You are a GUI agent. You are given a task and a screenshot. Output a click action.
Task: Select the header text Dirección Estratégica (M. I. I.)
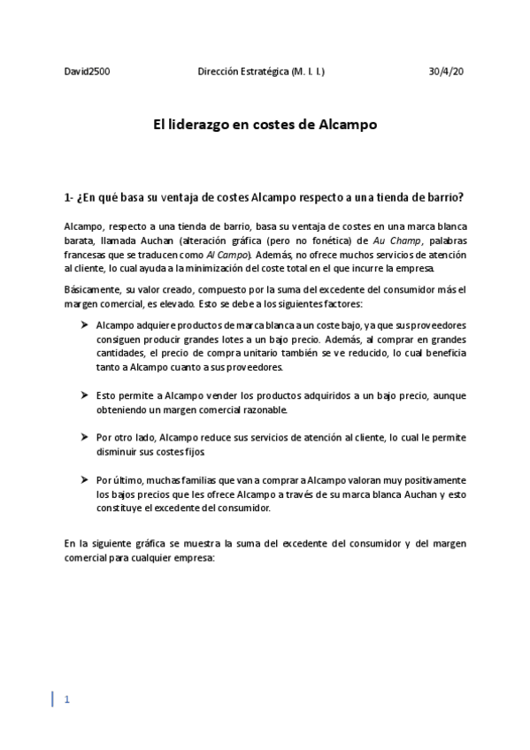click(x=260, y=71)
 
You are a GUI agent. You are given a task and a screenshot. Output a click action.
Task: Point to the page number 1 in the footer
click(x=66, y=700)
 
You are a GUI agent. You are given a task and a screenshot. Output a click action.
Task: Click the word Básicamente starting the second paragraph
click(x=91, y=289)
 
